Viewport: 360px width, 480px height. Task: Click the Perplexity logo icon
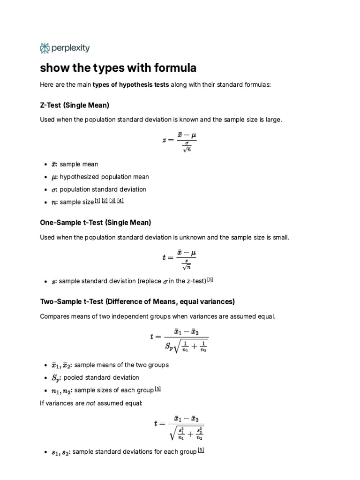(x=45, y=48)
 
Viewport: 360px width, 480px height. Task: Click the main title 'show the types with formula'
(x=118, y=68)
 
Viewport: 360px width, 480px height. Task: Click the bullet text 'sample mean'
(x=79, y=165)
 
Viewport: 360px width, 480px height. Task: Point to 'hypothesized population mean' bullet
(x=104, y=177)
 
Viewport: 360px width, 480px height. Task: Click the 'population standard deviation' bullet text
(x=103, y=189)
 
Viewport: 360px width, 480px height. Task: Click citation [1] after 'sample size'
(x=97, y=201)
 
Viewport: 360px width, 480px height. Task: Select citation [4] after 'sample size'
(x=120, y=201)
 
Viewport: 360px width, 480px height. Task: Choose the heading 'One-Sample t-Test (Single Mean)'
(x=96, y=222)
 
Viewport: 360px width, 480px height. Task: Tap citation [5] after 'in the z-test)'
(x=210, y=280)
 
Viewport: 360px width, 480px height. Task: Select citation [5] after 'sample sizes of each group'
(x=157, y=390)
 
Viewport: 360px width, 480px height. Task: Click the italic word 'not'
(x=91, y=403)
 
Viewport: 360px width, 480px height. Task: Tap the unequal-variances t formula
(x=180, y=427)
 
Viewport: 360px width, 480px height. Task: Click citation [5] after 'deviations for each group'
(x=201, y=450)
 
